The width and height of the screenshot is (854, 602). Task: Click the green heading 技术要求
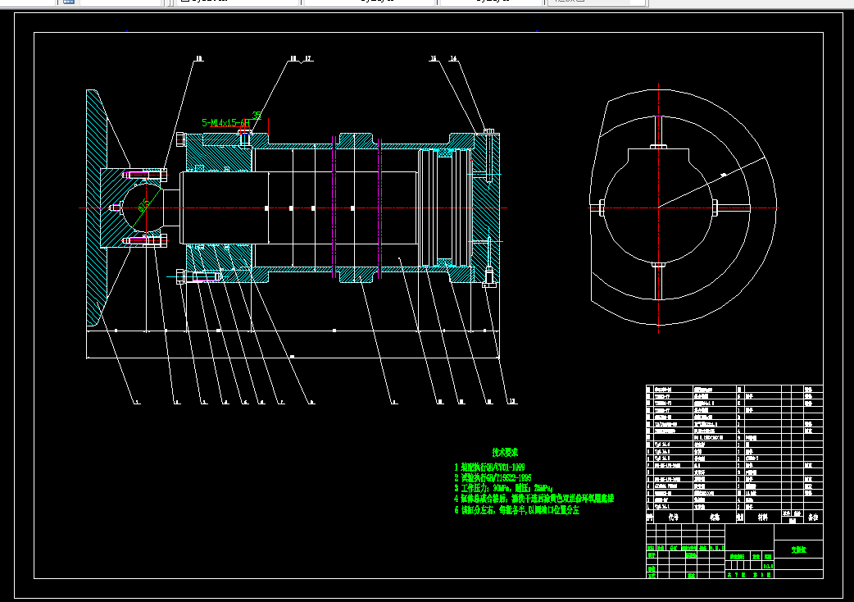(506, 452)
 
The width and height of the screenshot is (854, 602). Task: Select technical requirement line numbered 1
(489, 467)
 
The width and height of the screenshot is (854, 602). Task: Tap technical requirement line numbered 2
(493, 477)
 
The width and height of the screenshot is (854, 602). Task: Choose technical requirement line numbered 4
(534, 499)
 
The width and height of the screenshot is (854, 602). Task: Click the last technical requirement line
(516, 509)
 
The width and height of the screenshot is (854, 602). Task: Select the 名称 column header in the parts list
(714, 518)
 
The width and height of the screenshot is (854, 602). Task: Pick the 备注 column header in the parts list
(813, 518)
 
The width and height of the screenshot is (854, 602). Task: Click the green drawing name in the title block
(797, 550)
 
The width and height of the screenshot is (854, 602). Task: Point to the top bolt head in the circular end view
(658, 148)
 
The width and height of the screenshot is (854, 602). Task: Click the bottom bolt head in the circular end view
(658, 265)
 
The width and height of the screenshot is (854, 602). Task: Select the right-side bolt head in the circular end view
(717, 206)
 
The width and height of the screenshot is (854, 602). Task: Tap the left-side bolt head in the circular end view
(600, 206)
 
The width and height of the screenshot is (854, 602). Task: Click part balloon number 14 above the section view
(453, 59)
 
